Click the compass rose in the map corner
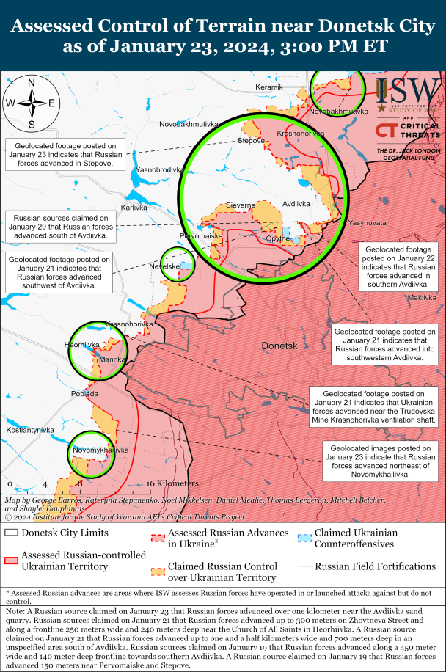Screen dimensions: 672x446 (x=32, y=102)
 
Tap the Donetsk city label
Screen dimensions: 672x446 (x=278, y=345)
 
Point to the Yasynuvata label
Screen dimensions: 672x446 (x=367, y=222)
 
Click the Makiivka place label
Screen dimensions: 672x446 (x=422, y=298)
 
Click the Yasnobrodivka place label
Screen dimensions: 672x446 (x=158, y=169)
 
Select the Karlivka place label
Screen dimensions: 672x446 (x=134, y=208)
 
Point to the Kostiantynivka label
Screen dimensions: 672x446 (x=30, y=429)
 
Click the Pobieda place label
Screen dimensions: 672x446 (x=84, y=394)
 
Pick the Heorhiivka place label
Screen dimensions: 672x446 (x=81, y=345)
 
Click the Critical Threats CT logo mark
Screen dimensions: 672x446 (x=387, y=131)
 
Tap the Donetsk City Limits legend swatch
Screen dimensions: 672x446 (x=11, y=533)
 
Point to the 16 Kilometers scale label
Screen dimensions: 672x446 (x=173, y=483)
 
